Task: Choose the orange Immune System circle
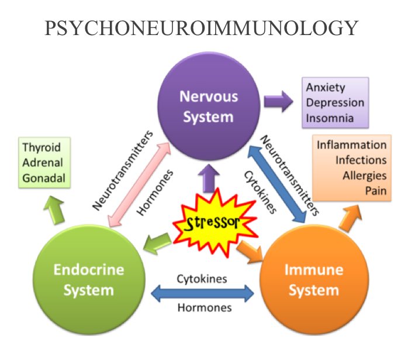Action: pyautogui.click(x=312, y=279)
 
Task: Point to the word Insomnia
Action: pyautogui.click(x=330, y=118)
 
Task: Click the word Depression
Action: pyautogui.click(x=336, y=103)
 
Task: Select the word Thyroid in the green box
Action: pyautogui.click(x=42, y=146)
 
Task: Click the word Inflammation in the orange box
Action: pyautogui.click(x=352, y=145)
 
